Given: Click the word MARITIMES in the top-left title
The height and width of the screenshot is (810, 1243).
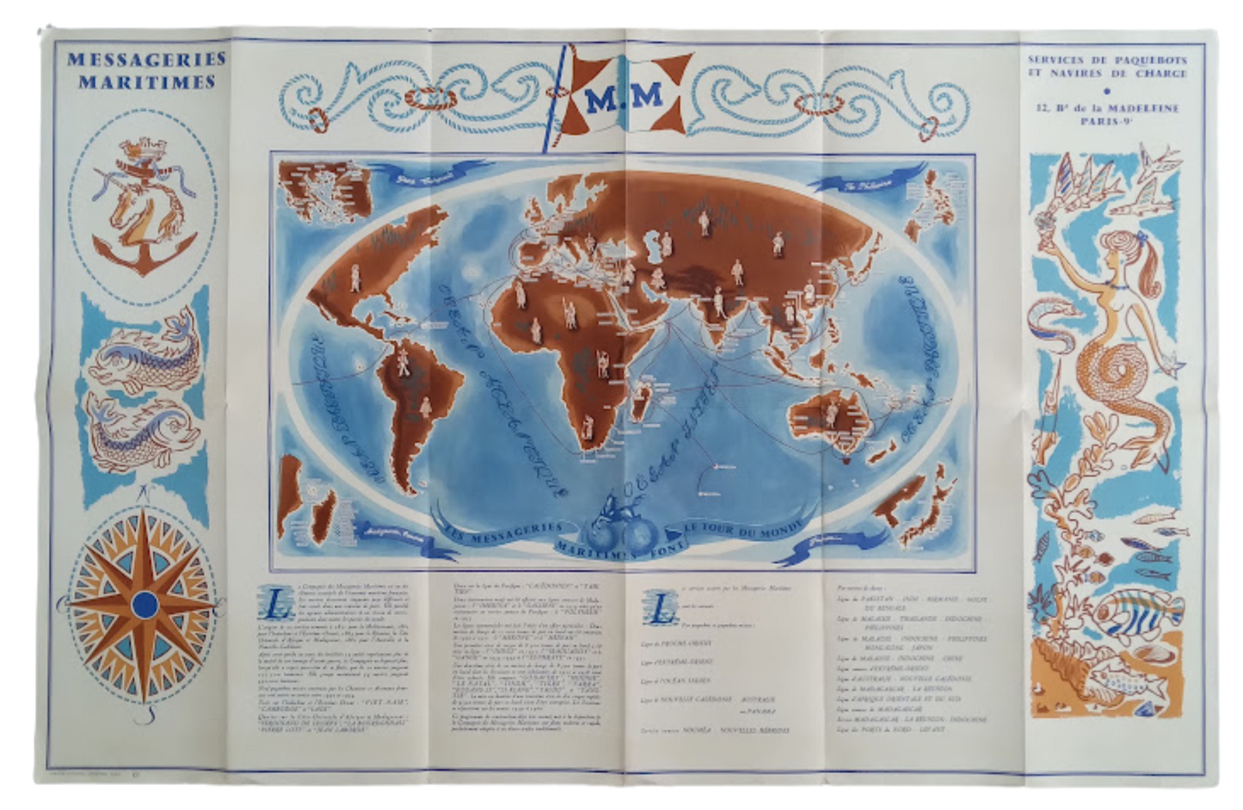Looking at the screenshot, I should click(145, 83).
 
